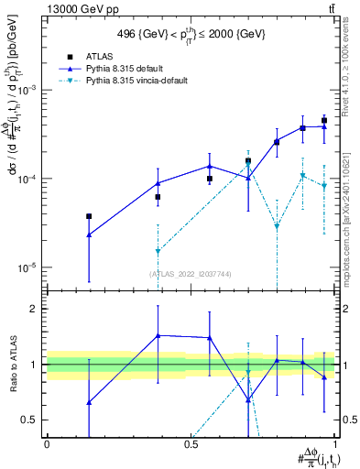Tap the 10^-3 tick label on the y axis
click(x=28, y=90)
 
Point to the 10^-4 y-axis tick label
click(x=28, y=179)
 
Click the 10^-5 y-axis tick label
click(x=28, y=267)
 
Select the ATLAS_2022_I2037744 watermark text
click(x=191, y=274)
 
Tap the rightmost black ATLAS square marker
click(x=324, y=120)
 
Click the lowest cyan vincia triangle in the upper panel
click(x=277, y=226)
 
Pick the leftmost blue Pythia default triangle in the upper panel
click(x=89, y=235)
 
